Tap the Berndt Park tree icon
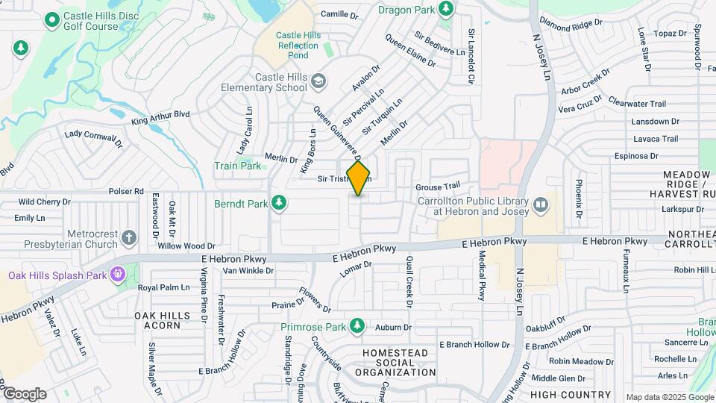pos(279,203)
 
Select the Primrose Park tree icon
pos(358,326)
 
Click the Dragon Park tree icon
pos(446,9)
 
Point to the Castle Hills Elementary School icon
pos(318,81)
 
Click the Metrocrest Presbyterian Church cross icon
pos(130,238)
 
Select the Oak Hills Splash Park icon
pos(116,275)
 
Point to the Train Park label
pos(238,166)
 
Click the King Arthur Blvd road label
pos(160,117)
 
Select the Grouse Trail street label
pos(438,187)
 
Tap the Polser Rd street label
pos(125,191)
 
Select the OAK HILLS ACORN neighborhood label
pos(157,320)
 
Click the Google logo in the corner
pos(24,394)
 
